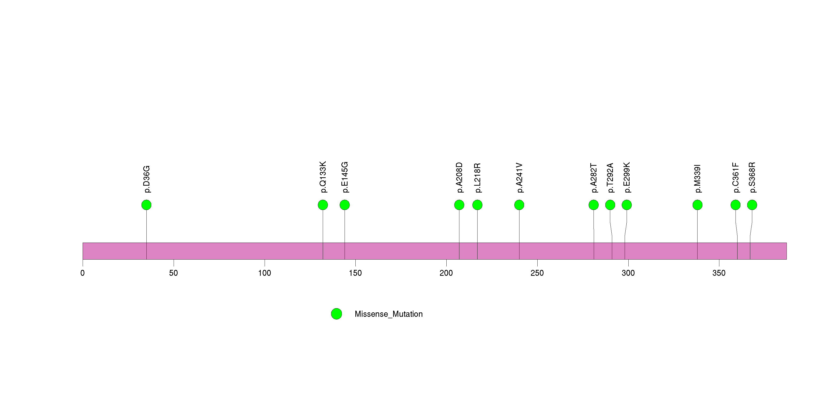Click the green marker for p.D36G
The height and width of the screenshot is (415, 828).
point(146,205)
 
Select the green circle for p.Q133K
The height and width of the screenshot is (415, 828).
point(323,205)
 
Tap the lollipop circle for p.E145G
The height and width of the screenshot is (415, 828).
point(345,205)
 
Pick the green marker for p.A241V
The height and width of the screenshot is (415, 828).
point(519,205)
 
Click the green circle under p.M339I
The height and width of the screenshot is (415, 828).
point(697,205)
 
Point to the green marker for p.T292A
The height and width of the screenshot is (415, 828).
point(610,205)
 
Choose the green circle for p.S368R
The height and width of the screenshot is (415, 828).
point(752,205)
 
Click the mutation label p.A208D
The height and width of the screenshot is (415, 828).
point(459,178)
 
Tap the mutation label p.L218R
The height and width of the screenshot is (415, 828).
point(478,178)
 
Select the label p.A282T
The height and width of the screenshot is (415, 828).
point(594,178)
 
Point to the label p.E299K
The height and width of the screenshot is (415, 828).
point(627,178)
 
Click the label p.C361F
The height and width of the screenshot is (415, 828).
point(736,178)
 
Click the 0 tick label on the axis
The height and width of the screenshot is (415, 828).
point(83,273)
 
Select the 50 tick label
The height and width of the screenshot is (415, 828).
point(174,273)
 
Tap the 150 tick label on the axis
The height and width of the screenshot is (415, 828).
point(355,273)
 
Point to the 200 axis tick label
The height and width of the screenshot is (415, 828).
point(446,273)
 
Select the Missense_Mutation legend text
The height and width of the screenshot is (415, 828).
point(388,314)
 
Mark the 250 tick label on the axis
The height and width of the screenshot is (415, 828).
point(537,273)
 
